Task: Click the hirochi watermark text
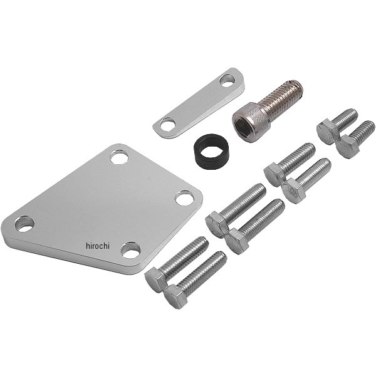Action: tap(98, 246)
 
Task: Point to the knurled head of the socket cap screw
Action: tap(249, 122)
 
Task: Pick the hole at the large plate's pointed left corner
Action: tap(24, 224)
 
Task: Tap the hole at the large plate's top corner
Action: tap(120, 157)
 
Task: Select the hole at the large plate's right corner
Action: tap(184, 198)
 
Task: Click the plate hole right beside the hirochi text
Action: tap(131, 250)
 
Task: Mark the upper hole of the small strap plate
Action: tap(227, 81)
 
